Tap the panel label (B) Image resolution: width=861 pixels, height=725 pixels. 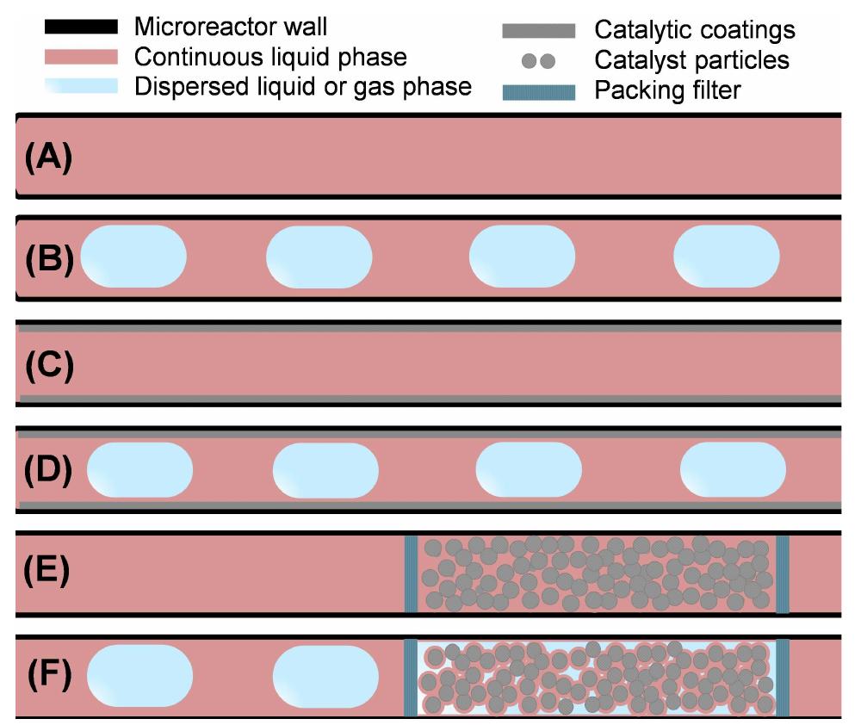pyautogui.click(x=48, y=258)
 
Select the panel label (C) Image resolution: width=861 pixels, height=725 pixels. pyautogui.click(x=48, y=365)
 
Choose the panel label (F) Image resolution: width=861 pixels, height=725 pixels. pyautogui.click(x=48, y=674)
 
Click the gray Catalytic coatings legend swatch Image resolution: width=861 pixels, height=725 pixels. pyautogui.click(x=539, y=31)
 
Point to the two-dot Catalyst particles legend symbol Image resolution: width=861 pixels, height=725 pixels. pyautogui.click(x=539, y=61)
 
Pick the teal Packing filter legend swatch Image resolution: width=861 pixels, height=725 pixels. pyautogui.click(x=539, y=90)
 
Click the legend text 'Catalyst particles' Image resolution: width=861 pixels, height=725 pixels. pyautogui.click(x=691, y=61)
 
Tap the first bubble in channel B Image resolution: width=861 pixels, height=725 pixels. pyautogui.click(x=133, y=257)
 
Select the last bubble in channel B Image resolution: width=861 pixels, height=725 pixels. pyautogui.click(x=726, y=257)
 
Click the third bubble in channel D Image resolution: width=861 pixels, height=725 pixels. pyautogui.click(x=529, y=470)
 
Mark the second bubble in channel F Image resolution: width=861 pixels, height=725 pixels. pyautogui.click(x=325, y=674)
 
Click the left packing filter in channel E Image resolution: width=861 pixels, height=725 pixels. pyautogui.click(x=411, y=573)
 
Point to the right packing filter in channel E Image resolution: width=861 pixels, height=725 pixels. pyautogui.click(x=782, y=573)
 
